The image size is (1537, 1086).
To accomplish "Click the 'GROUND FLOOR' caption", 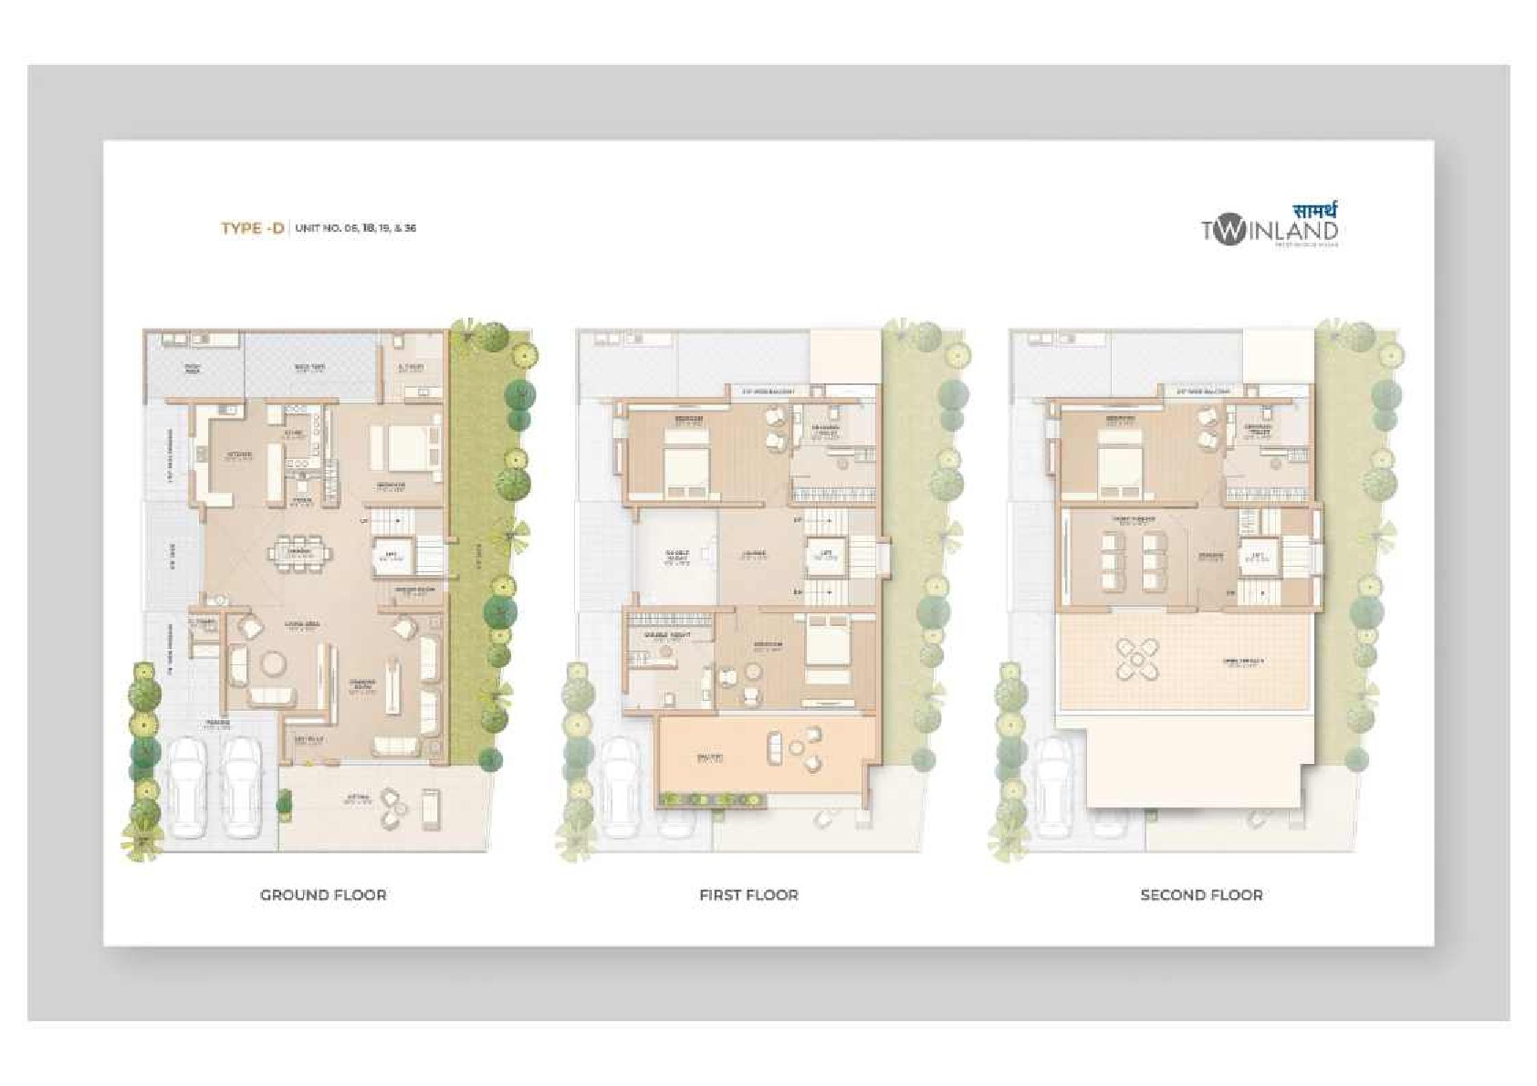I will tap(323, 895).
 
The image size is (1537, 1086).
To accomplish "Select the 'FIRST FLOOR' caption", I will tap(748, 895).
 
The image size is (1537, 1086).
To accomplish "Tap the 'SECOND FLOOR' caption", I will tap(1201, 895).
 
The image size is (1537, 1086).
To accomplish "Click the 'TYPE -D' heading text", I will tap(252, 228).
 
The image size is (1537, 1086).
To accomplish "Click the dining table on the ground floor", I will tap(299, 552).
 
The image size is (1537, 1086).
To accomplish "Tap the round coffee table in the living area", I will tap(270, 662).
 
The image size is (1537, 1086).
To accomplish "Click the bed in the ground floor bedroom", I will tap(399, 447).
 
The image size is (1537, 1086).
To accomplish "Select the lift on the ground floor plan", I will tap(392, 555).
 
